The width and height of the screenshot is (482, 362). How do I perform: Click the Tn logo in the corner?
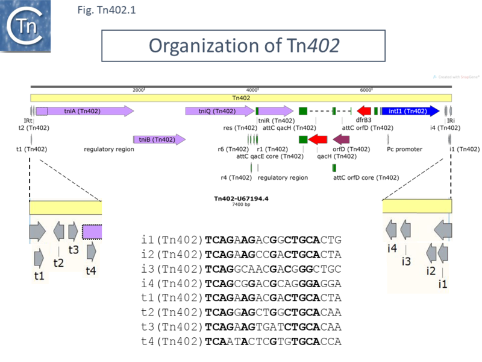coord(25,25)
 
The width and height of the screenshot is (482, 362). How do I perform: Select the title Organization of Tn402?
coord(243,45)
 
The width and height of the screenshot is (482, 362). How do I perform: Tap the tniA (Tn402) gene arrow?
coord(84,111)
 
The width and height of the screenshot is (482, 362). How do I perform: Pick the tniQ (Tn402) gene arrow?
coord(219,111)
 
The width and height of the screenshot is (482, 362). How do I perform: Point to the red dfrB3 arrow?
coord(364,111)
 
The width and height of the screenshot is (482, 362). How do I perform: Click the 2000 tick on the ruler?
coord(139,90)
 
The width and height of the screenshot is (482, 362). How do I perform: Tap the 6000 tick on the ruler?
coord(366,90)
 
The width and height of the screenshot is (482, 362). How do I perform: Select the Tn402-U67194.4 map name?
coord(240,198)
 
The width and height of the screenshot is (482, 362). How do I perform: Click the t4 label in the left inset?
coord(90,271)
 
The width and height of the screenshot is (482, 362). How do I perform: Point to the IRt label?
coord(28,121)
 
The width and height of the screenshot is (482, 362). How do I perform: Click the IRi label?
coord(451,121)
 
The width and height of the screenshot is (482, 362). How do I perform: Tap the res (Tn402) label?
coord(240,128)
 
